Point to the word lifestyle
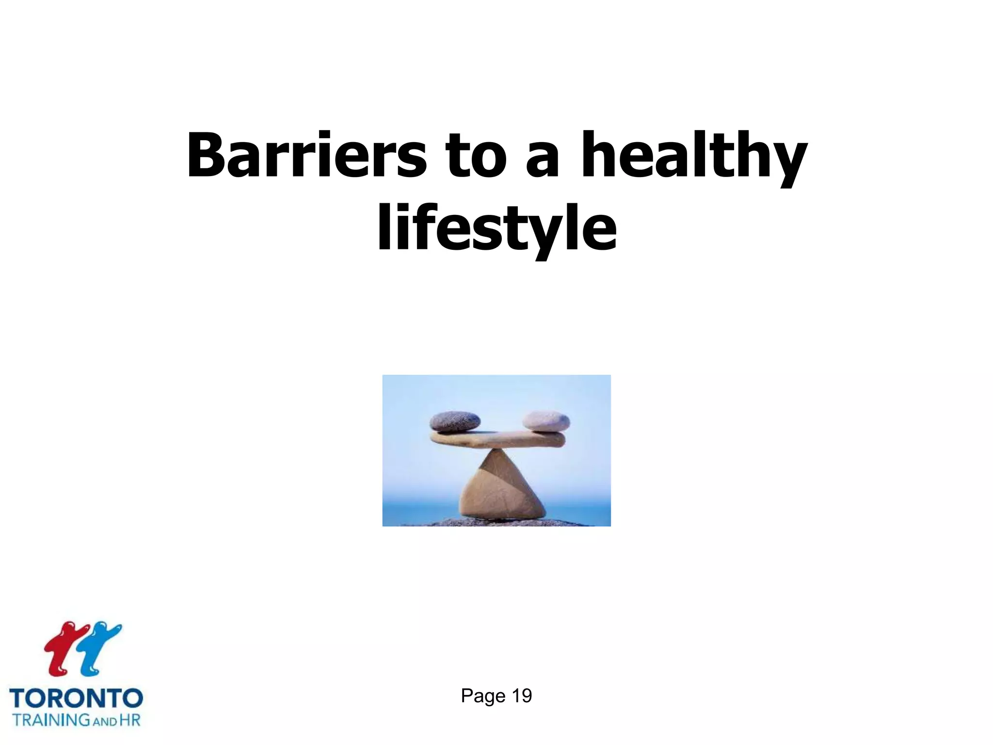tap(496, 228)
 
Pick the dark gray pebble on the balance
tap(455, 421)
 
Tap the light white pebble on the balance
tap(547, 421)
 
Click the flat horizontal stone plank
tap(497, 439)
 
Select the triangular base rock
tap(501, 490)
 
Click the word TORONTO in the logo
tap(76, 699)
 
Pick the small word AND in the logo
tap(105, 721)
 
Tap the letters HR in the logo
tap(129, 719)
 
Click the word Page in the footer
tap(483, 696)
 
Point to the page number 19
tap(522, 696)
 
